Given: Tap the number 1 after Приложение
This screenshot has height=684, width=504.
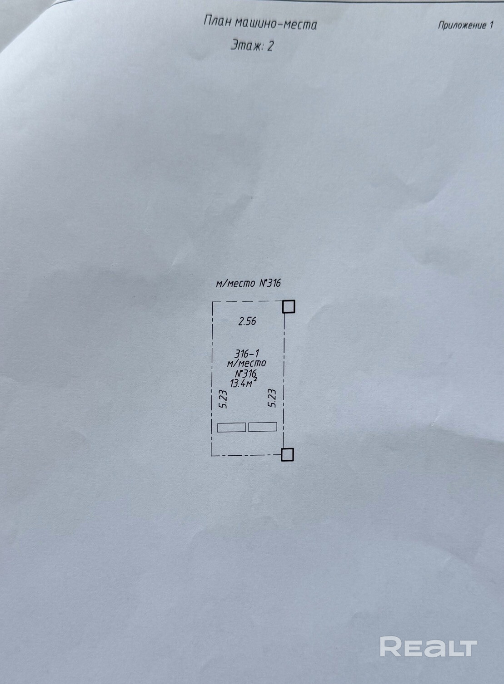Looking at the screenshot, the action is pos(491,25).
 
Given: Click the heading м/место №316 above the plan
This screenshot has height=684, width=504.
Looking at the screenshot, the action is pos(248,284).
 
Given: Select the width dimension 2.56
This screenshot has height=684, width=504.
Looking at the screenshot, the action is pos(248,321).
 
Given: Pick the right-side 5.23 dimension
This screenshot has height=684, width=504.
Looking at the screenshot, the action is pos(272,398).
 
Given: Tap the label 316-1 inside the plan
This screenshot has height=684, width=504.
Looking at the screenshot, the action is pos(247,354).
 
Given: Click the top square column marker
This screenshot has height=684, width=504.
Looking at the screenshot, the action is pos(289,307).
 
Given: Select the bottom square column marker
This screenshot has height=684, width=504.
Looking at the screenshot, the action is pos(287,454).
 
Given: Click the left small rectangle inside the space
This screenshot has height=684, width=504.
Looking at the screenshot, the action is pos(231,427).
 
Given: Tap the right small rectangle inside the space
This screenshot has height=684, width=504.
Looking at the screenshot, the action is pos(263,427).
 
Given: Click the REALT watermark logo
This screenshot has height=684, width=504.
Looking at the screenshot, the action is pos(428,646).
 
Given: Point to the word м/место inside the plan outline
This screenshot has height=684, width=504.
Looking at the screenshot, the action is pos(246,363).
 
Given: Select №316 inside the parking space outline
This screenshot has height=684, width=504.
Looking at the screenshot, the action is pos(246,374).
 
